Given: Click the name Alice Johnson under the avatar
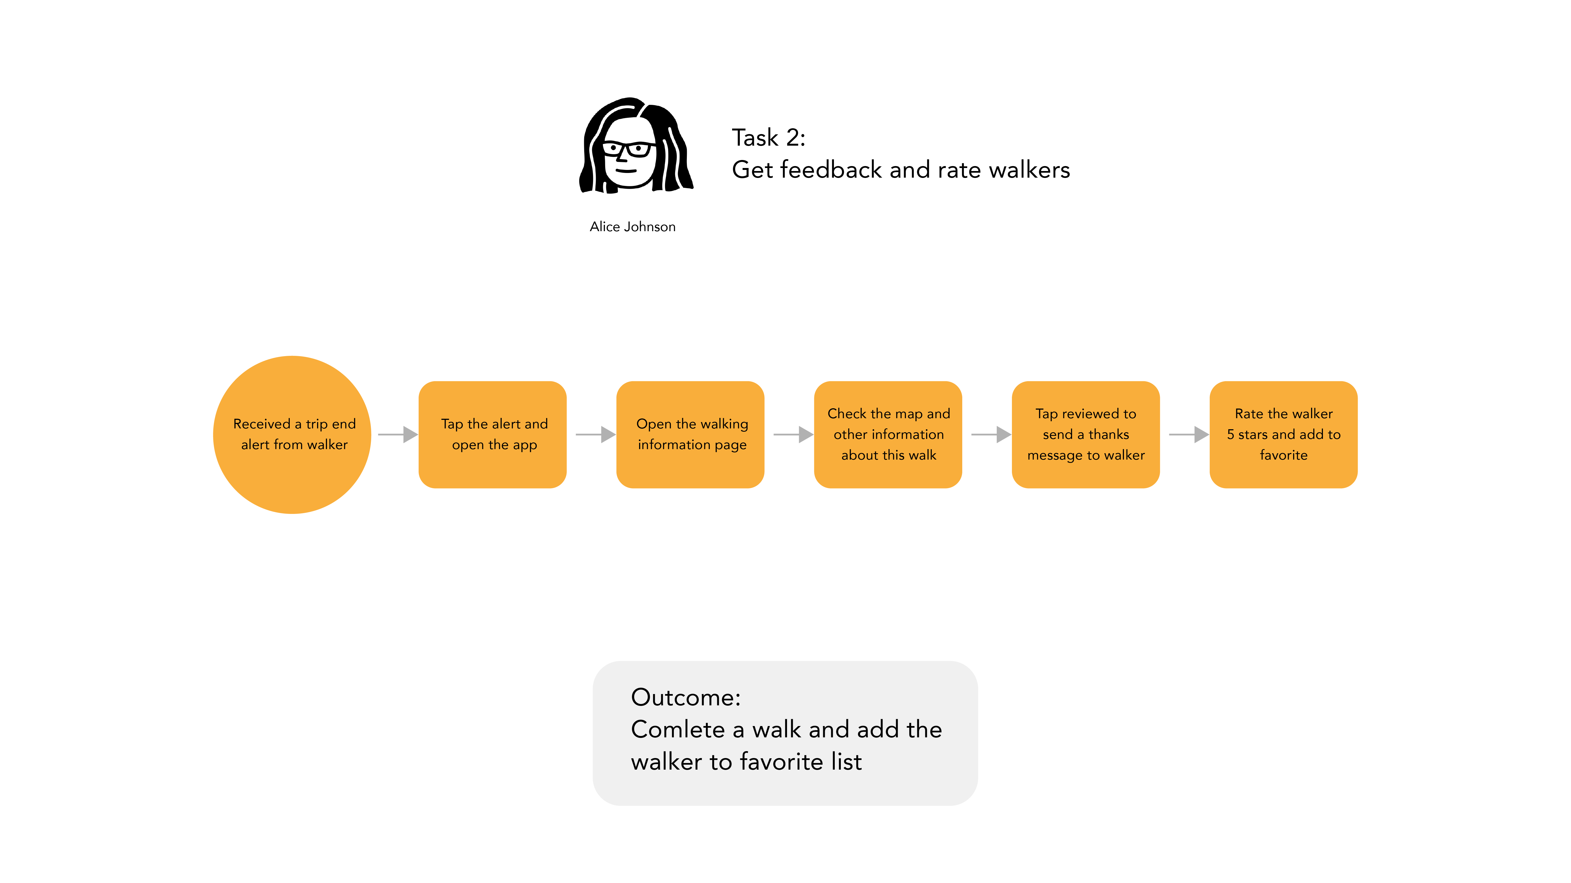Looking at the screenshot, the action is click(x=632, y=227).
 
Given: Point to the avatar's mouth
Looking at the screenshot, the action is click(x=626, y=171).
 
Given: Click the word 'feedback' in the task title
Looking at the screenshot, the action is click(x=831, y=170).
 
